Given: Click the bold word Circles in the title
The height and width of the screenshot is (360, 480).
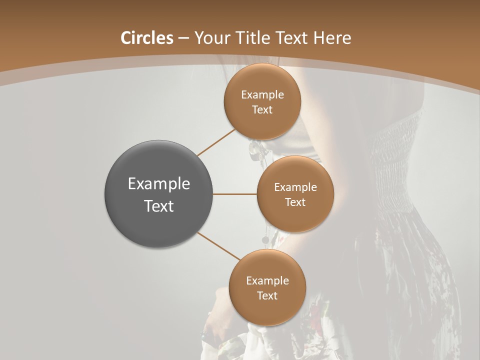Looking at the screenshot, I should [147, 38].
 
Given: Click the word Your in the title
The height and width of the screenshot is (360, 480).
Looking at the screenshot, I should [211, 38].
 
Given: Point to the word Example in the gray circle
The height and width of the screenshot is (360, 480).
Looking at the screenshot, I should [159, 184].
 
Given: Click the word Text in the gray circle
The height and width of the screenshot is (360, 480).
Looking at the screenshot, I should [159, 205].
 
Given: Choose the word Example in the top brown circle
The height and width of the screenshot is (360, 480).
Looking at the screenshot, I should [262, 95].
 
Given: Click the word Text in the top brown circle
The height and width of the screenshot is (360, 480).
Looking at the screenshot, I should [262, 109].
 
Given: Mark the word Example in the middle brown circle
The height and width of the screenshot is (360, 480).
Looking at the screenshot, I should [295, 187].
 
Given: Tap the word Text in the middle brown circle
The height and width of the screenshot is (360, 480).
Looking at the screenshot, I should [295, 202].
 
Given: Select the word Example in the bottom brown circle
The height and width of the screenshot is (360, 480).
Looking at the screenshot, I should [267, 281].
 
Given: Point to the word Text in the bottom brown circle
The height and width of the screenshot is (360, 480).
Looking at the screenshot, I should [267, 295].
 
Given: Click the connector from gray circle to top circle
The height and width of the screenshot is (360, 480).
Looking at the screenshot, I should [216, 142].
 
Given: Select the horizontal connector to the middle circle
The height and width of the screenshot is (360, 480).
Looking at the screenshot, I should [235, 194].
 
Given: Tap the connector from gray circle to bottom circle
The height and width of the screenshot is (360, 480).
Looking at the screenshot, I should [219, 246].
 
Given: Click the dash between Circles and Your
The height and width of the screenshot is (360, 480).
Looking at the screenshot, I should [183, 38].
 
